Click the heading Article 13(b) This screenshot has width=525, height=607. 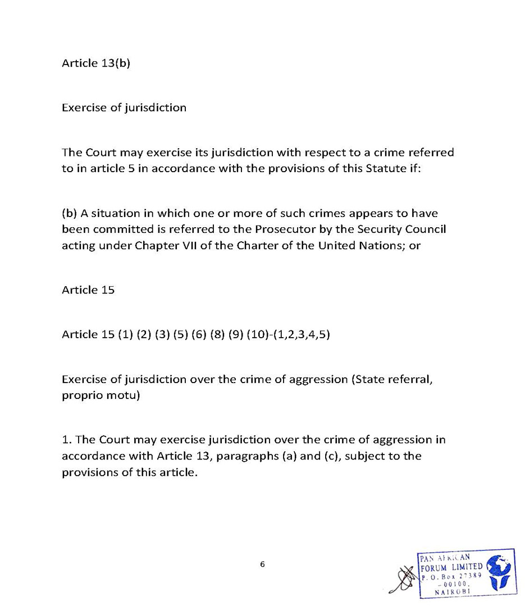pyautogui.click(x=95, y=63)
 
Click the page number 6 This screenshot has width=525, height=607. pyautogui.click(x=262, y=564)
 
